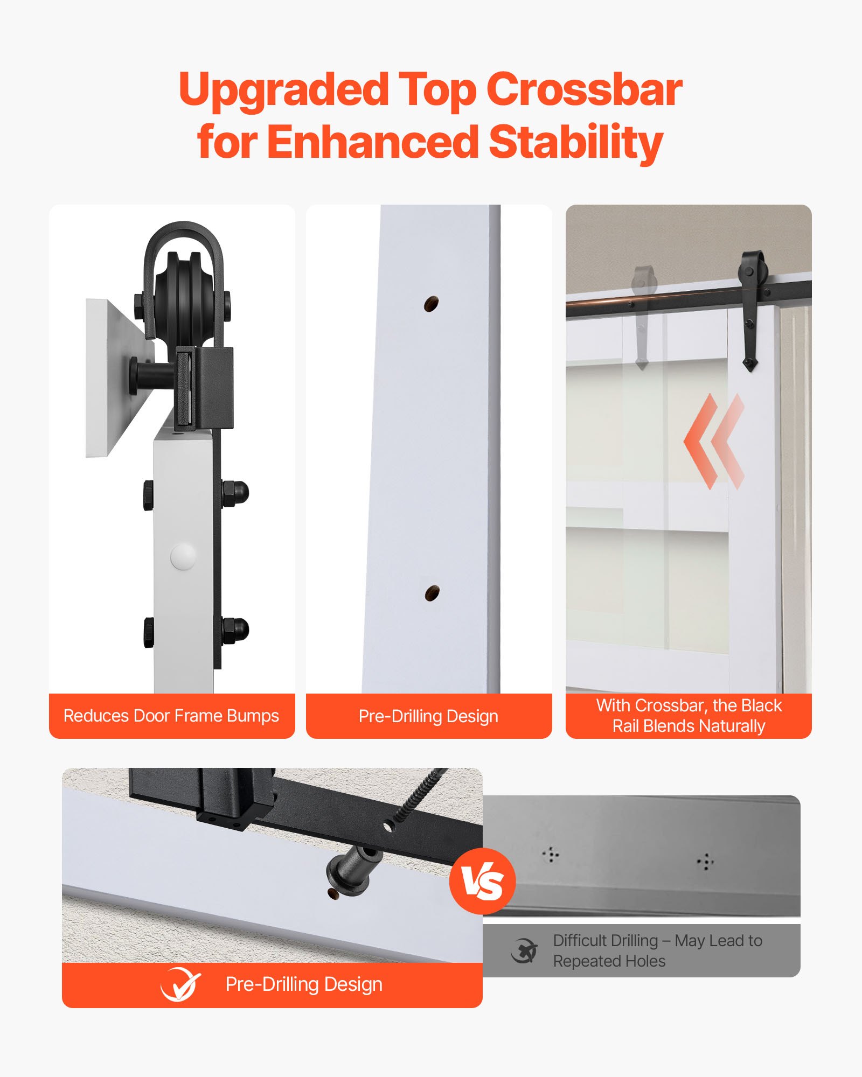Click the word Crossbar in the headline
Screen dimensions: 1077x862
584,89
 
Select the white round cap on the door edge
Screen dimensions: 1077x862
183,556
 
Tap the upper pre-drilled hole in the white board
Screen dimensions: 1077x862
430,304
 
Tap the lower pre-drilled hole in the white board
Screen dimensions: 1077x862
432,593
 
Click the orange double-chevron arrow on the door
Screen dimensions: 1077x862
714,442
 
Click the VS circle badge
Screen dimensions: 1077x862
483,882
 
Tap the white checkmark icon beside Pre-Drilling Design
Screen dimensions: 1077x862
180,985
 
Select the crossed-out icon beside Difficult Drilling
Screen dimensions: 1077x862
524,951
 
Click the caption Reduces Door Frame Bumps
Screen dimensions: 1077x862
171,716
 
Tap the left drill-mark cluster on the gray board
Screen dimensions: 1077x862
551,854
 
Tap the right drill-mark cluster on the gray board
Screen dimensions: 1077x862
705,862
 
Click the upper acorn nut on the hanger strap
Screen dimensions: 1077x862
237,492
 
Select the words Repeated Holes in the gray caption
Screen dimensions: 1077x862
609,961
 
